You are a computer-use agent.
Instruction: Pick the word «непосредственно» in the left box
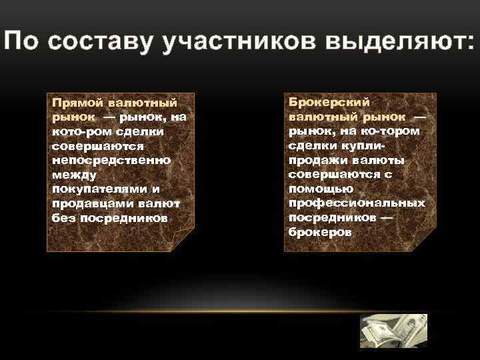coord(111,161)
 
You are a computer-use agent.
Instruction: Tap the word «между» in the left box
coord(74,175)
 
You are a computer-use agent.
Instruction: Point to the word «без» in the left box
coord(63,218)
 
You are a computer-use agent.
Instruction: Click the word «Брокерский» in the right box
coord(329,102)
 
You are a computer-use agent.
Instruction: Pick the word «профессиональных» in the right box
coord(357,203)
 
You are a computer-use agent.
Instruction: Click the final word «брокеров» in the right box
coord(319,232)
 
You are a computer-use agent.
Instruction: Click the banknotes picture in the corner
coord(393,331)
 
